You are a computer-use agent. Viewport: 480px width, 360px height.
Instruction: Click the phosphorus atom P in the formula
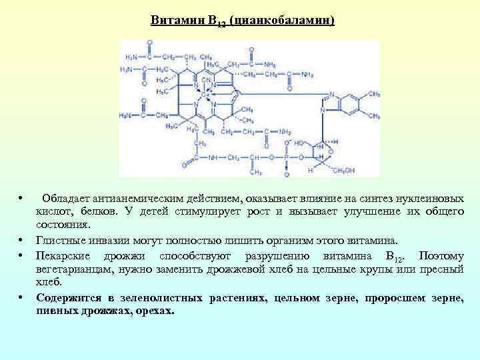pos(287,157)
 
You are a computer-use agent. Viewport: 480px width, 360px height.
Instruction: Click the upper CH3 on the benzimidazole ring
pos(374,95)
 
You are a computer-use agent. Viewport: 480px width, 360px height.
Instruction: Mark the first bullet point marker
pos(22,199)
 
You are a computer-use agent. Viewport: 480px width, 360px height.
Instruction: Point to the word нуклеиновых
pos(437,199)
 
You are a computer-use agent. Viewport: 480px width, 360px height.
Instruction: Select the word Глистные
pos(59,240)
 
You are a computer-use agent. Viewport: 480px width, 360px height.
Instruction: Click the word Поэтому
pos(443,257)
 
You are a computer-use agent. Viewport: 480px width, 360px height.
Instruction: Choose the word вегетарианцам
pos(75,269)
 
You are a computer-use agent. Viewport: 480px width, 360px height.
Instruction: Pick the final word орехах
pos(153,310)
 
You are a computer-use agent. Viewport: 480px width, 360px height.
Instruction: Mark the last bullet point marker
pos(22,298)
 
